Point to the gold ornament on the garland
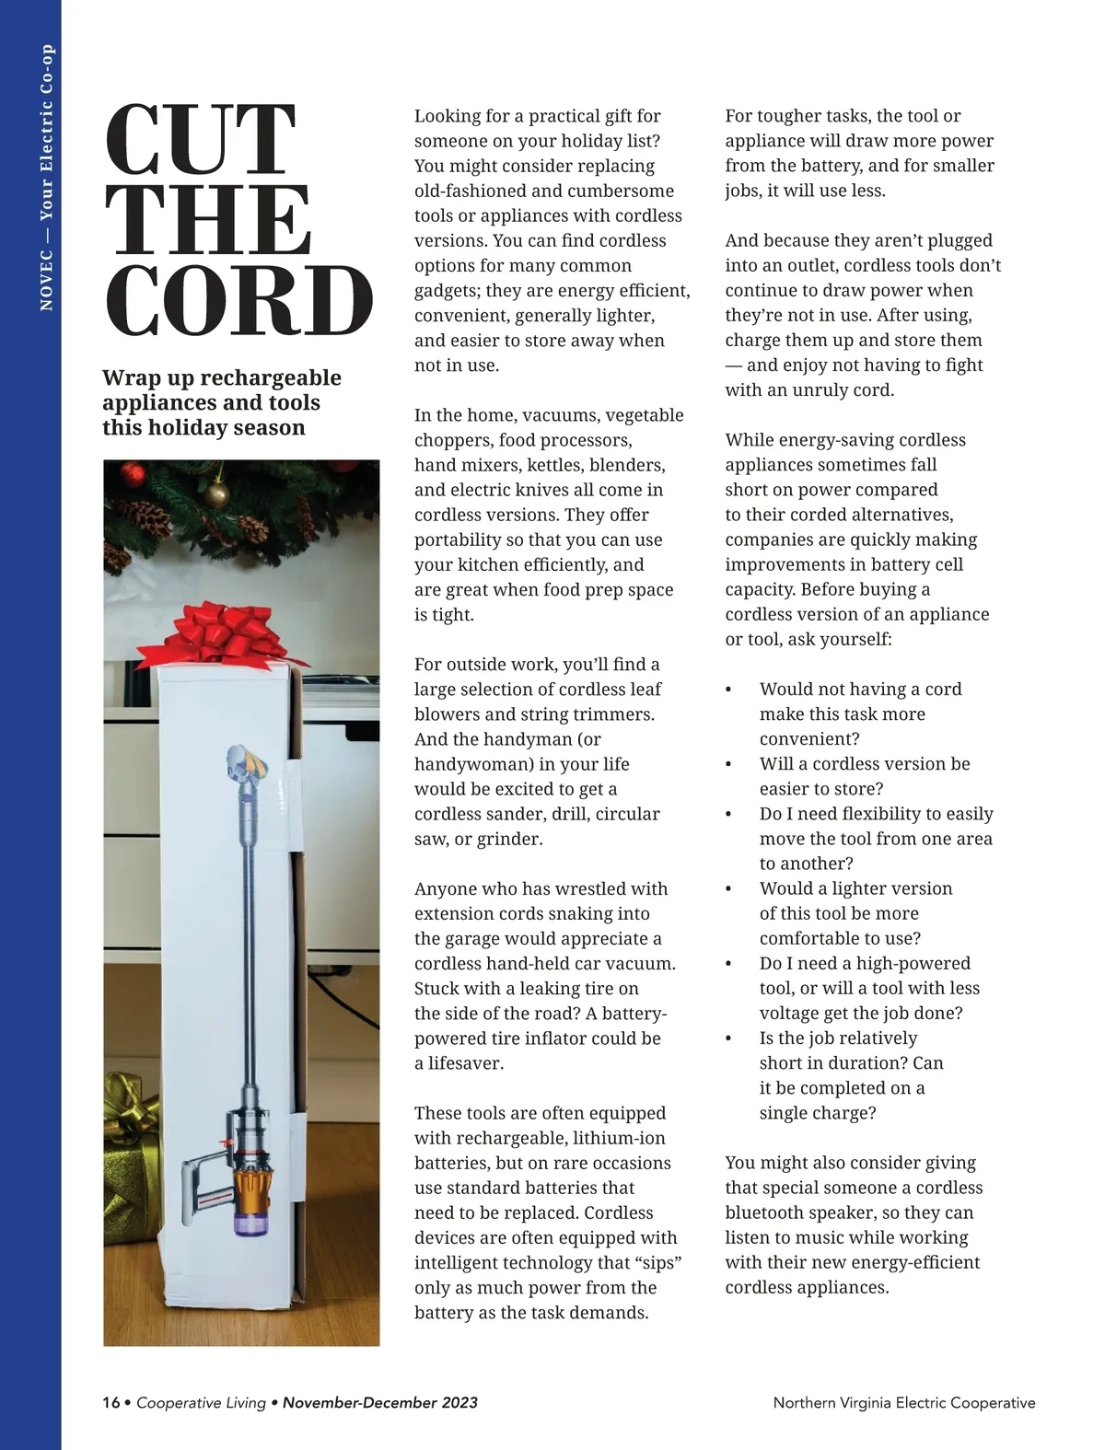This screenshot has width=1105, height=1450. (x=217, y=494)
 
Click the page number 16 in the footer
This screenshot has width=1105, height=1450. (x=110, y=1403)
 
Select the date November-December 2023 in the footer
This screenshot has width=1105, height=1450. (x=379, y=1403)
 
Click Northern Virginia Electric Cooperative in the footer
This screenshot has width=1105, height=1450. (x=903, y=1403)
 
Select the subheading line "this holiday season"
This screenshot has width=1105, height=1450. (x=204, y=428)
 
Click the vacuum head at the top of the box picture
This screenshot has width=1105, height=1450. (x=247, y=762)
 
